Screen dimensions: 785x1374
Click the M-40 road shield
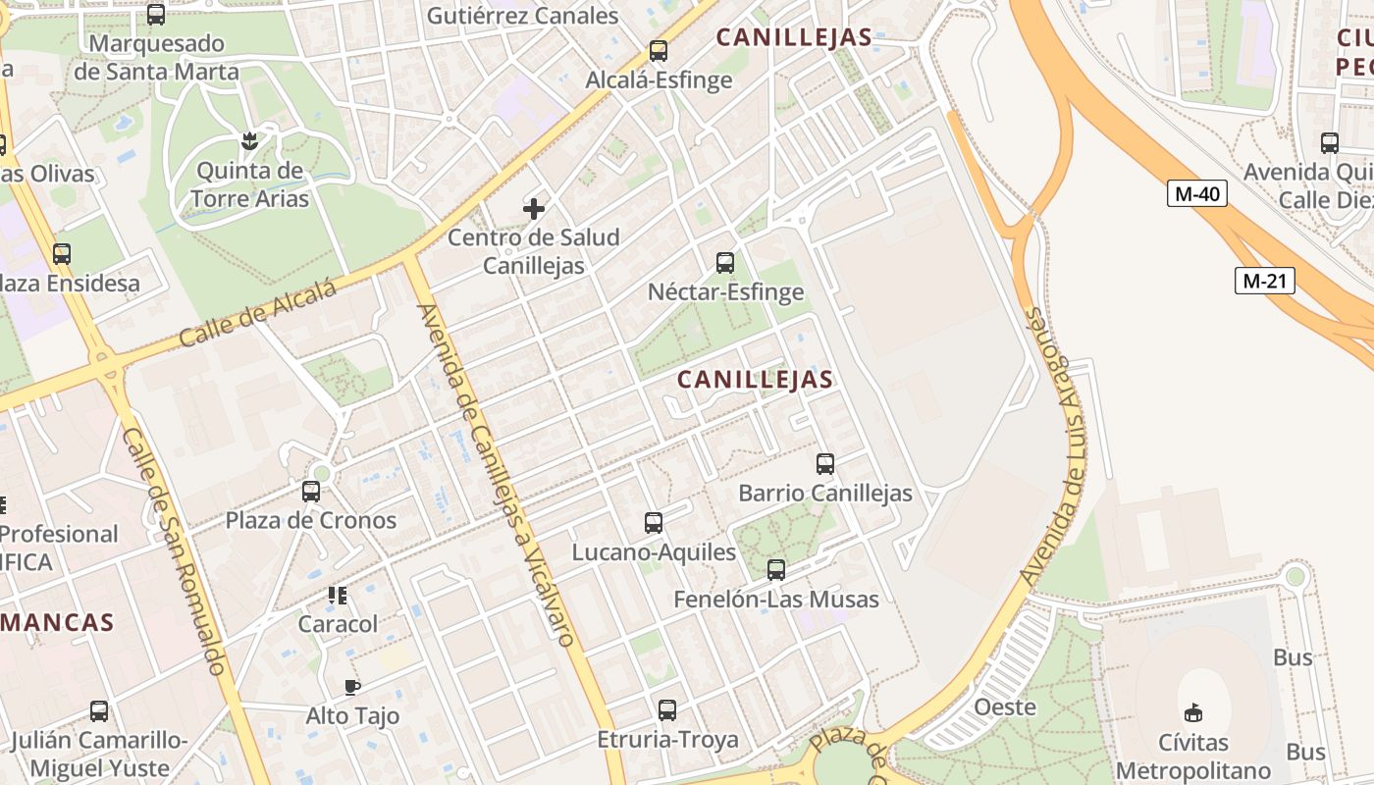tap(1196, 193)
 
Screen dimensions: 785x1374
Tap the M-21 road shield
tap(1264, 281)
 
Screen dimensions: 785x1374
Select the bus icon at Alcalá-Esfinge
tap(658, 50)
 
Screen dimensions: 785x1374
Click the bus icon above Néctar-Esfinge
tap(724, 262)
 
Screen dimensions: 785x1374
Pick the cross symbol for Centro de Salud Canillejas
tap(534, 208)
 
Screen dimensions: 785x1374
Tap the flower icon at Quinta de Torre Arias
tap(249, 140)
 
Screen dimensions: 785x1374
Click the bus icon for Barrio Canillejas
tap(824, 463)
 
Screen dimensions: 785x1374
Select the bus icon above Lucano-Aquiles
tap(653, 522)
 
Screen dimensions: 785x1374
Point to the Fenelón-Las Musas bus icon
tap(775, 569)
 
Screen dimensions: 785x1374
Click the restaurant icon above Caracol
tap(338, 595)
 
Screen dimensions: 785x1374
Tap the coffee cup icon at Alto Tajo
tap(352, 687)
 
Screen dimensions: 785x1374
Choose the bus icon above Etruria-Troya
tap(667, 709)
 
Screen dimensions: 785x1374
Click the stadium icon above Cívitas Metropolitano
tap(1192, 711)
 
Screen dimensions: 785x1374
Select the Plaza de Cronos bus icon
tap(311, 491)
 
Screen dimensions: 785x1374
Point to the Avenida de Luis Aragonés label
tap(1055, 446)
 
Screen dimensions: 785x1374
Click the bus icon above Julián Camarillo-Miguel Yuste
tap(99, 710)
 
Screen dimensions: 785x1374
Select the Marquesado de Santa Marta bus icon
tap(155, 14)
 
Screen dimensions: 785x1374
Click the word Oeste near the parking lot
tap(1004, 706)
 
